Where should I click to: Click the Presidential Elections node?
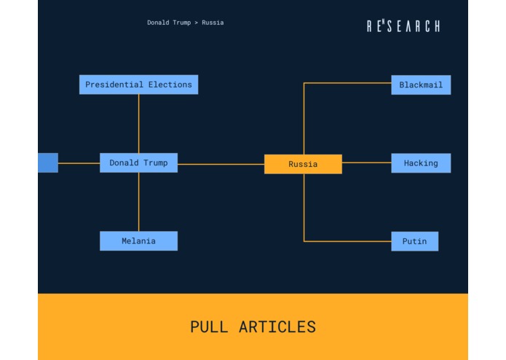pos(138,85)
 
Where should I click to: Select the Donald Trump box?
pos(138,163)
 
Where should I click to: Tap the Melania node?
pos(138,241)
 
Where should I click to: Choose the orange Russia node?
pos(303,164)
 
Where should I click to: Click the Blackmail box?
pos(421,85)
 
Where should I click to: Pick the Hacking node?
pos(421,163)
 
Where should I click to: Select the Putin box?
pos(415,241)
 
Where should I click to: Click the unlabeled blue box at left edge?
pos(47,163)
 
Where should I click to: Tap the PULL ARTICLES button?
pos(253,327)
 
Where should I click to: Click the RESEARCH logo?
pos(403,26)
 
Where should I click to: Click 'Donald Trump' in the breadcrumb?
pos(169,23)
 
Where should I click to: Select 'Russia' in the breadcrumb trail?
pos(213,23)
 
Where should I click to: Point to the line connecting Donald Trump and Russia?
pos(221,164)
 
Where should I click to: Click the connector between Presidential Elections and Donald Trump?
pos(138,124)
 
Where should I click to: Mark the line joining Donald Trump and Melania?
pos(138,202)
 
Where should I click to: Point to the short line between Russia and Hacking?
pos(366,163)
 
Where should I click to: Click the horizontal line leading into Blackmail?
pos(347,83)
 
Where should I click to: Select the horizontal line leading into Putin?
pos(347,241)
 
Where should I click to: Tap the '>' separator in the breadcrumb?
pos(196,23)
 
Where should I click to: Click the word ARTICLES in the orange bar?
pos(277,327)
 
